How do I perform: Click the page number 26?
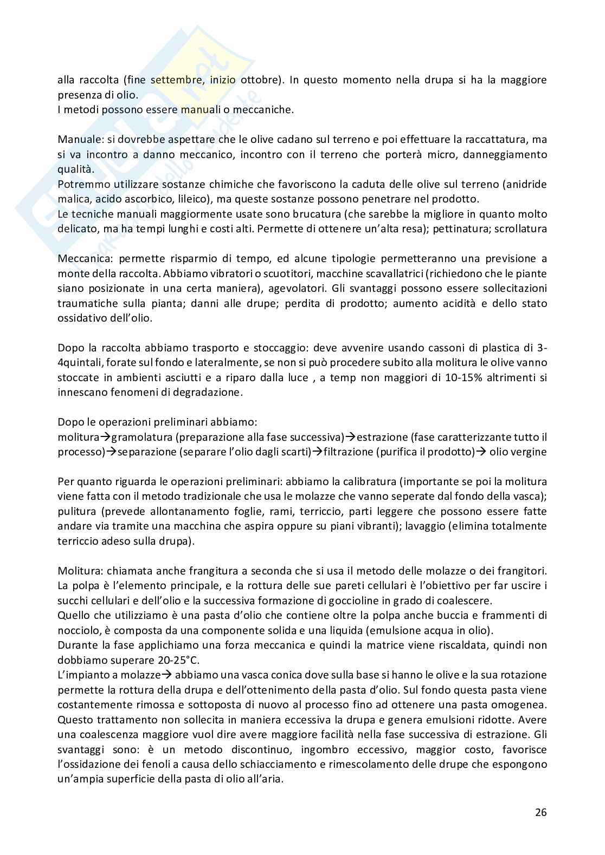tap(540, 812)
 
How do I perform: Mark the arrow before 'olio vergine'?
tap(480, 452)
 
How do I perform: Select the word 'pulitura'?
tap(75, 511)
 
